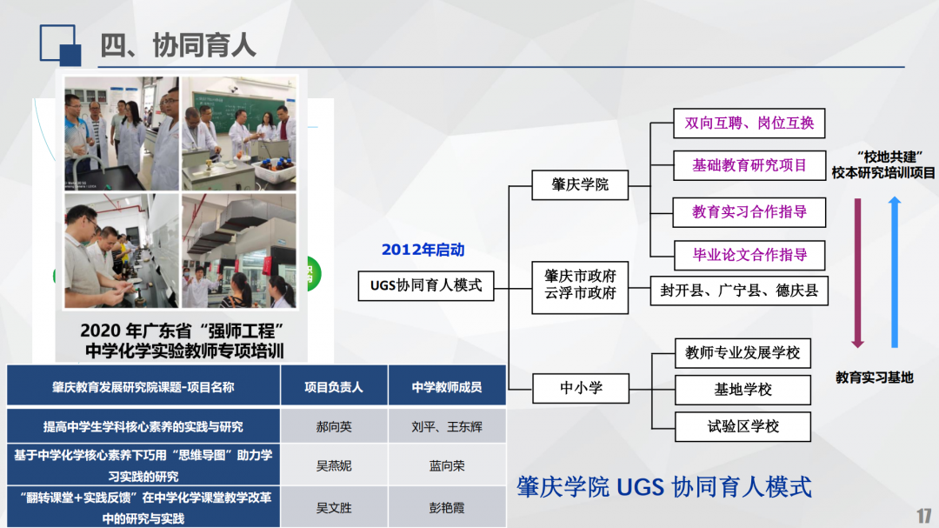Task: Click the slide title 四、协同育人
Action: [178, 45]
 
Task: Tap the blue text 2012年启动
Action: [423, 250]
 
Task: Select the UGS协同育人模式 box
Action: [426, 286]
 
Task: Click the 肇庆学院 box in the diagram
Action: [580, 184]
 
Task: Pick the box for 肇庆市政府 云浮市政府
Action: [580, 287]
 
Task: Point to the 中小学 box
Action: [581, 388]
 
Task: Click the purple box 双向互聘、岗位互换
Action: [749, 123]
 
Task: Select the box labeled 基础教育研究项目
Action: [749, 165]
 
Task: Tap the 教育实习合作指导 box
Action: [749, 212]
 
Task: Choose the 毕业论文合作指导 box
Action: [749, 256]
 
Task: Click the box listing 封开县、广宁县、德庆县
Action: [739, 291]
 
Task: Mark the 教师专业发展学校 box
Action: [743, 353]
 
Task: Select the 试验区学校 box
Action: [743, 427]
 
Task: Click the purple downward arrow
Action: [857, 273]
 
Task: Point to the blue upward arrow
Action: [895, 272]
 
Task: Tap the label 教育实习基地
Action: [875, 378]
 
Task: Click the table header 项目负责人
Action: [334, 387]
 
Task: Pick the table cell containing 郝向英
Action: [334, 427]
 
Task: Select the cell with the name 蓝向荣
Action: [447, 465]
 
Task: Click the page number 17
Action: [923, 516]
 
